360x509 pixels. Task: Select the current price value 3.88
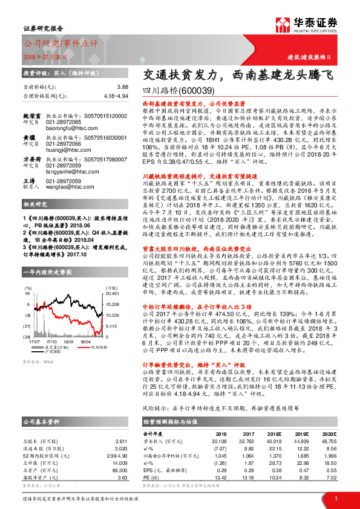[123, 88]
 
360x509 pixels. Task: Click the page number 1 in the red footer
[335, 498]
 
